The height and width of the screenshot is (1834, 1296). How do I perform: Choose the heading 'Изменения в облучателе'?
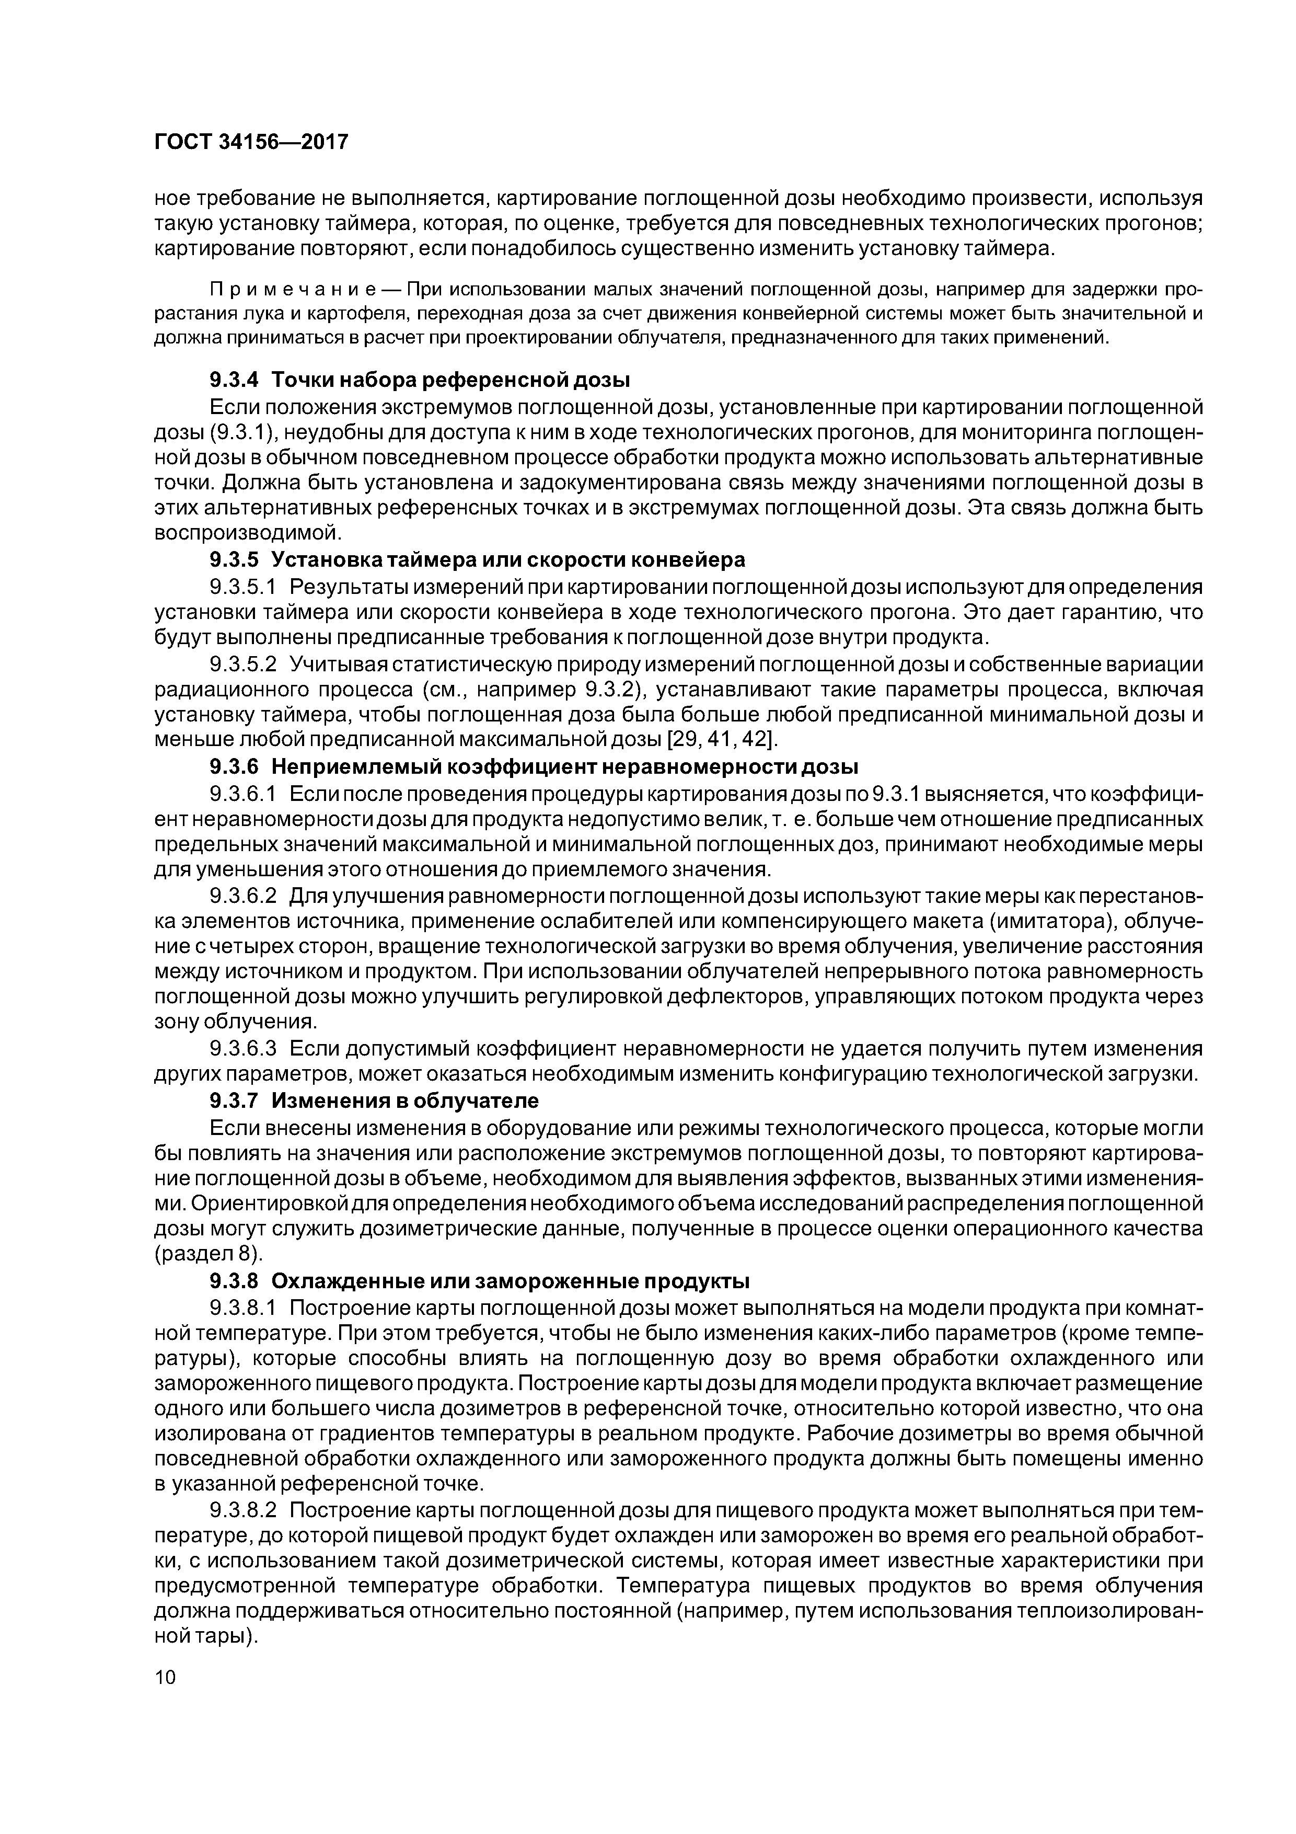click(405, 1101)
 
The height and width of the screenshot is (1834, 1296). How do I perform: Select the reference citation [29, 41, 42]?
click(723, 740)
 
